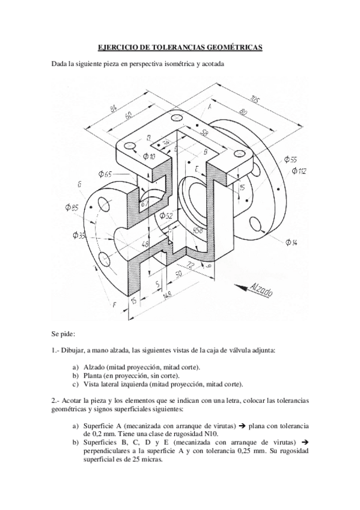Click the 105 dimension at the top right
255,101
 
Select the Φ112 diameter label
299,171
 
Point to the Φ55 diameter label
289,160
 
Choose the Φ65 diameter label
105,174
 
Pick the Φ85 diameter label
72,208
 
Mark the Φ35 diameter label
78,235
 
